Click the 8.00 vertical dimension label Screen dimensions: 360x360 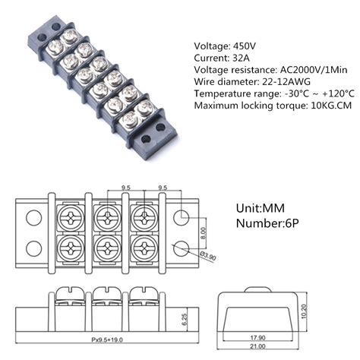202,234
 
